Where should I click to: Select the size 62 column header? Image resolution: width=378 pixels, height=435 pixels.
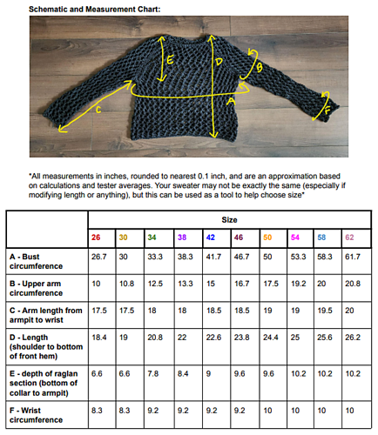click(349, 237)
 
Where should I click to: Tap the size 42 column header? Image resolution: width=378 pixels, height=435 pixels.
click(209, 237)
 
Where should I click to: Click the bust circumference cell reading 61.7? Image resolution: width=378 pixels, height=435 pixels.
click(353, 258)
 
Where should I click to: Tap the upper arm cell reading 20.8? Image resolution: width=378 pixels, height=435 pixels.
click(353, 284)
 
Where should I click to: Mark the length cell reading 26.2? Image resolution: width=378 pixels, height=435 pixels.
click(353, 337)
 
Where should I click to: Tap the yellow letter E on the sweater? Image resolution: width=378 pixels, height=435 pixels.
click(172, 62)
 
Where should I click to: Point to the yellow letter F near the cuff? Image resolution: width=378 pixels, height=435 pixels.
click(328, 111)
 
